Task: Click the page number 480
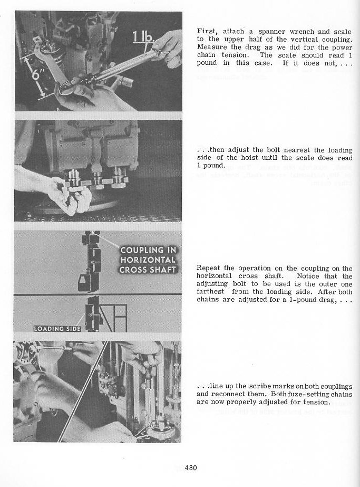point(191,467)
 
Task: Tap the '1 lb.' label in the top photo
point(143,37)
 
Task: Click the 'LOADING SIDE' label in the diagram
point(57,329)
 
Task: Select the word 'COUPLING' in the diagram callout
point(148,250)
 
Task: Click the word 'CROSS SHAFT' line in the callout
point(148,270)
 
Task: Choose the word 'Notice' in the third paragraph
point(308,276)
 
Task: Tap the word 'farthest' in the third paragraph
point(210,292)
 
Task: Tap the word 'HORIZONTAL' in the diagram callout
point(148,260)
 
